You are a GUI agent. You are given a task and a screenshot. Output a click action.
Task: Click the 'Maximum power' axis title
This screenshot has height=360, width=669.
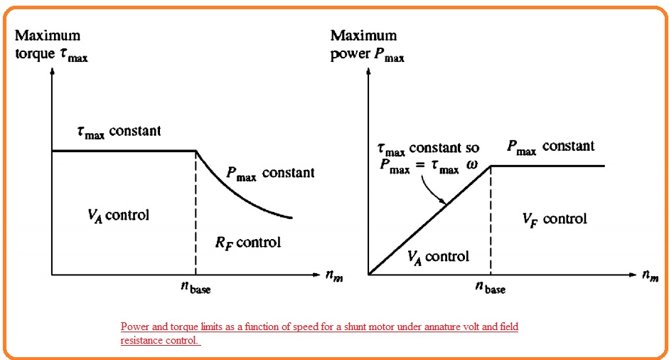367,45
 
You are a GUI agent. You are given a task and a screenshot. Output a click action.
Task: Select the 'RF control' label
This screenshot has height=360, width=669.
248,243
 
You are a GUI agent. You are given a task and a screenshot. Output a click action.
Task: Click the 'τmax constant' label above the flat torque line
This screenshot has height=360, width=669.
119,132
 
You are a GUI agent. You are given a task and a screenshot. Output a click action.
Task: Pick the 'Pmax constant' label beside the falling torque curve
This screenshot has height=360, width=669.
270,173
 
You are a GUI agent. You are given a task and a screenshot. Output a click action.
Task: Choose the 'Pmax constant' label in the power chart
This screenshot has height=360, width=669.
550,147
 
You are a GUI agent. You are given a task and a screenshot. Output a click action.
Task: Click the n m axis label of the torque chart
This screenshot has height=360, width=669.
334,276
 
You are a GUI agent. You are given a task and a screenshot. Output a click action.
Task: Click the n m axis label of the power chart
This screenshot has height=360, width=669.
649,276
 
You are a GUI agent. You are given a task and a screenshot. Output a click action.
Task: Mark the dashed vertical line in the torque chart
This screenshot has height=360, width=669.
196,213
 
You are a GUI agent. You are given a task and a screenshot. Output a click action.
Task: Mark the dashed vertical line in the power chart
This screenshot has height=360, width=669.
491,221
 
